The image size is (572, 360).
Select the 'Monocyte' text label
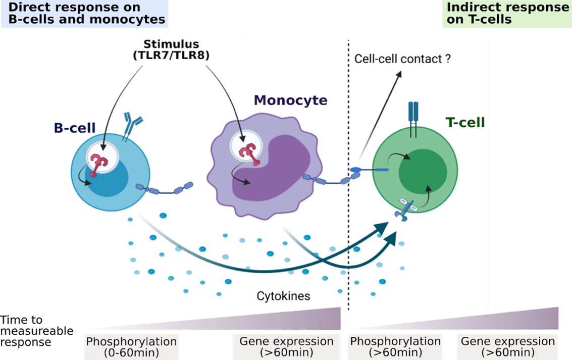click(290, 100)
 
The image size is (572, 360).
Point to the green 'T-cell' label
click(465, 122)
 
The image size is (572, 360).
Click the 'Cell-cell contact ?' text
click(402, 59)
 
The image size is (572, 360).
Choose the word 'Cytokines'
click(283, 296)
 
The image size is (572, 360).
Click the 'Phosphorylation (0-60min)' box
click(131, 346)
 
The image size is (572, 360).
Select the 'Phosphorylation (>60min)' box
click(396, 346)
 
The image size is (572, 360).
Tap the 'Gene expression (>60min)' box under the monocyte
click(286, 346)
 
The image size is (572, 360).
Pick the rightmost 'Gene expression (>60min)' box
click(508, 346)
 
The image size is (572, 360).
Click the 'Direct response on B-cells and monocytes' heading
click(86, 14)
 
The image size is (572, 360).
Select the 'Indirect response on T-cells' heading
click(507, 14)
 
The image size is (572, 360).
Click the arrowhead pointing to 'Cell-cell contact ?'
click(400, 74)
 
